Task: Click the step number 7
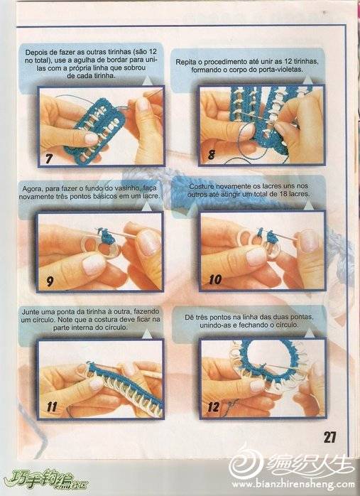(x=48, y=158)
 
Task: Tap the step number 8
(x=212, y=155)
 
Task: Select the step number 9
(x=50, y=281)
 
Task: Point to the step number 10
(x=215, y=279)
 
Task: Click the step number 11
(x=52, y=406)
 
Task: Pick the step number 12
(x=213, y=406)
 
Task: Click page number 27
(x=329, y=437)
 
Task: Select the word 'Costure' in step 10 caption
(x=201, y=186)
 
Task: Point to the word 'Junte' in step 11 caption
(x=30, y=312)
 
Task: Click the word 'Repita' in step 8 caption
(x=186, y=62)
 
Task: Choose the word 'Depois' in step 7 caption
(x=36, y=52)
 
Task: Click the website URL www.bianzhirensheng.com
(x=293, y=484)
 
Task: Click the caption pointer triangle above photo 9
(x=147, y=206)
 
